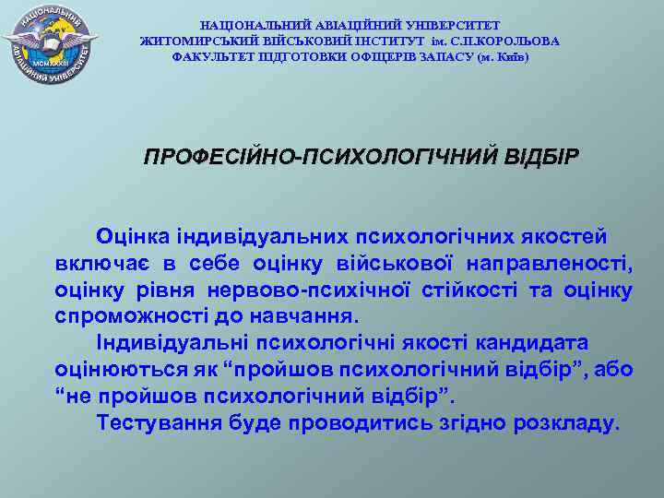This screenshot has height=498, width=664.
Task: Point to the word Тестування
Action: (x=158, y=423)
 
